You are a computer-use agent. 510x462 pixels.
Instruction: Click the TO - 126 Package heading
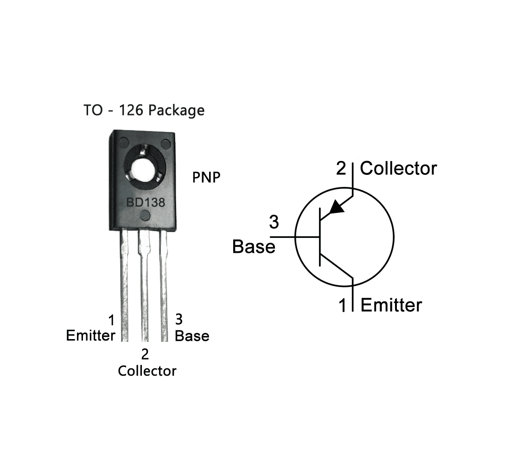click(x=144, y=110)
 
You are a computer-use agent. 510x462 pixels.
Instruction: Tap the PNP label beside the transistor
click(x=206, y=178)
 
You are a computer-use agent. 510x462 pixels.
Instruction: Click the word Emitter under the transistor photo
click(x=90, y=335)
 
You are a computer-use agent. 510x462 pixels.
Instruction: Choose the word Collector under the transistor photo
click(x=147, y=371)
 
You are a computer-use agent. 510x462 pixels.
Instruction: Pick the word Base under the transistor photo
click(x=192, y=335)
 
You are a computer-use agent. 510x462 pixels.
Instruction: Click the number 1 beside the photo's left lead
click(x=111, y=321)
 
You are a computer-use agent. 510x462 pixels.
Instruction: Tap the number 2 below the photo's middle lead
click(x=145, y=355)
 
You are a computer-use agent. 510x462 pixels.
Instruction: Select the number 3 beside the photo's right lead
click(x=178, y=320)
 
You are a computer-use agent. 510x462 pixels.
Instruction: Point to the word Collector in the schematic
click(x=398, y=168)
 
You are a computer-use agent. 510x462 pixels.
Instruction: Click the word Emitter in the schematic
click(x=391, y=305)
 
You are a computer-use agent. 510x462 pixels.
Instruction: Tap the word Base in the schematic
click(x=254, y=246)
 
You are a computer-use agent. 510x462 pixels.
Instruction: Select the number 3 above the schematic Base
click(x=274, y=223)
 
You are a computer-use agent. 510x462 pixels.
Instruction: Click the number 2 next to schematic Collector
click(x=341, y=168)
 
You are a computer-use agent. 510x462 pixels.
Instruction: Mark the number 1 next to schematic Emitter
click(x=343, y=306)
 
